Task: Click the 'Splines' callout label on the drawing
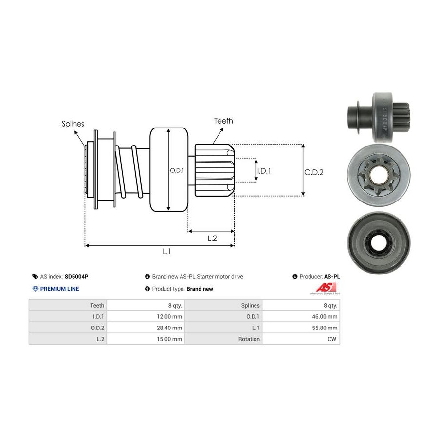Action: click(x=73, y=124)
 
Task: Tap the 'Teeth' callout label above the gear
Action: click(x=223, y=121)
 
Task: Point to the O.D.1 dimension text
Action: click(x=177, y=170)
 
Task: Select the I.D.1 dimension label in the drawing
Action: click(x=264, y=171)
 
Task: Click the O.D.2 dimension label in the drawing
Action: click(x=314, y=172)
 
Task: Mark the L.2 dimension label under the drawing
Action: click(x=212, y=238)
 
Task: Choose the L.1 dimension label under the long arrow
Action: click(x=166, y=251)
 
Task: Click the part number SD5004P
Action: click(x=76, y=276)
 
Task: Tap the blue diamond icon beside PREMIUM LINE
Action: click(x=35, y=289)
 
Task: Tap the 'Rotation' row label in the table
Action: click(x=249, y=339)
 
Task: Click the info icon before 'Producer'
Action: click(x=295, y=276)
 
